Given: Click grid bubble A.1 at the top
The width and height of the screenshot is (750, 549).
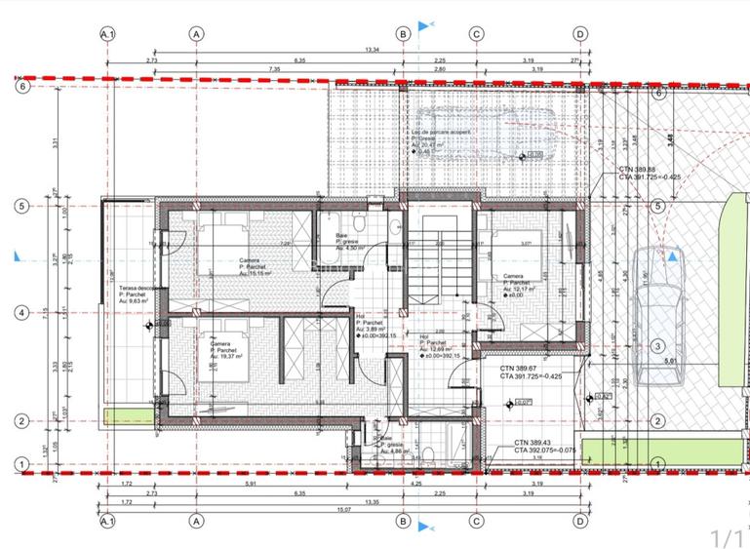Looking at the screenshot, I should pyautogui.click(x=107, y=33).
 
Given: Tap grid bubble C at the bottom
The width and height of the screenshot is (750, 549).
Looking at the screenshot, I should pyautogui.click(x=476, y=522).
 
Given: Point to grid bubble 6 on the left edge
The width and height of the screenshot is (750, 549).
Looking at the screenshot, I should pyautogui.click(x=20, y=87).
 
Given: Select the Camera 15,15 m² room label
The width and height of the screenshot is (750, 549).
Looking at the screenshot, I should pyautogui.click(x=257, y=267).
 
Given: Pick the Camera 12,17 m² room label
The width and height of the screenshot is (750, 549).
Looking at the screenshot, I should pyautogui.click(x=520, y=282).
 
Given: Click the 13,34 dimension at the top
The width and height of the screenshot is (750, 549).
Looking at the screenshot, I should pyautogui.click(x=372, y=51).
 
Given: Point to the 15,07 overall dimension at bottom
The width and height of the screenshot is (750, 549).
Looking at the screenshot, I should pyautogui.click(x=344, y=507).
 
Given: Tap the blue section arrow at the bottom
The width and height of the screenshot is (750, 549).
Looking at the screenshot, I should pyautogui.click(x=423, y=528).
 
